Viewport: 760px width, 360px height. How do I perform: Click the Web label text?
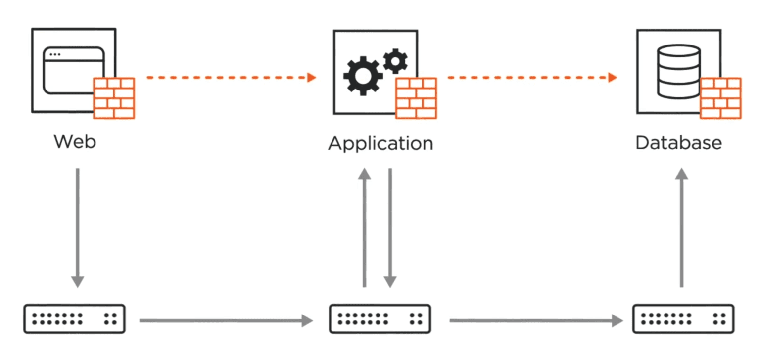pyautogui.click(x=75, y=142)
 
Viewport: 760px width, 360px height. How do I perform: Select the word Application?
pyautogui.click(x=380, y=144)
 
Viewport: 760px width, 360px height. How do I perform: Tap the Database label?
pyautogui.click(x=678, y=143)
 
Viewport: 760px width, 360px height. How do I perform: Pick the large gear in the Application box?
pyautogui.click(x=363, y=75)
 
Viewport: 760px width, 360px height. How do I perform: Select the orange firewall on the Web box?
pyautogui.click(x=114, y=98)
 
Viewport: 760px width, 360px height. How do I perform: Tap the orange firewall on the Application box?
pyautogui.click(x=416, y=98)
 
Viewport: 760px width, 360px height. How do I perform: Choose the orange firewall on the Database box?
pyautogui.click(x=720, y=98)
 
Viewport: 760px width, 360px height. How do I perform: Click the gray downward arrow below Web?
pyautogui.click(x=77, y=227)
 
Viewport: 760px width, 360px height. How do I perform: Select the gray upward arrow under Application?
pyautogui.click(x=365, y=227)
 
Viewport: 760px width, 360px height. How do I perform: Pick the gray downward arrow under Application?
pyautogui.click(x=390, y=227)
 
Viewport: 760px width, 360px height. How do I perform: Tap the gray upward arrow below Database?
pyautogui.click(x=682, y=227)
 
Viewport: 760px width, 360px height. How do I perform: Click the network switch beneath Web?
pyautogui.click(x=74, y=319)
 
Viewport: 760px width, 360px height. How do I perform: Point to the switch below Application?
pyautogui.click(x=380, y=319)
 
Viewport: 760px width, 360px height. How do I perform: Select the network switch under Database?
pyautogui.click(x=683, y=319)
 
